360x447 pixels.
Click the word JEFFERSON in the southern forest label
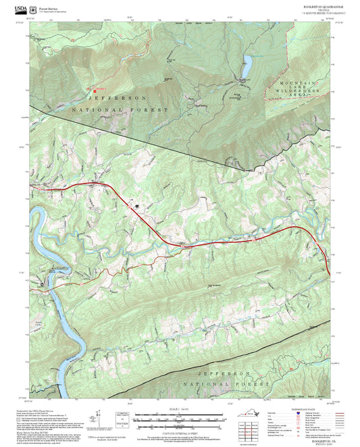(224, 373)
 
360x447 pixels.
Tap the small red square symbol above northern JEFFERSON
(87, 88)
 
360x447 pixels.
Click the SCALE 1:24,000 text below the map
(179, 409)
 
